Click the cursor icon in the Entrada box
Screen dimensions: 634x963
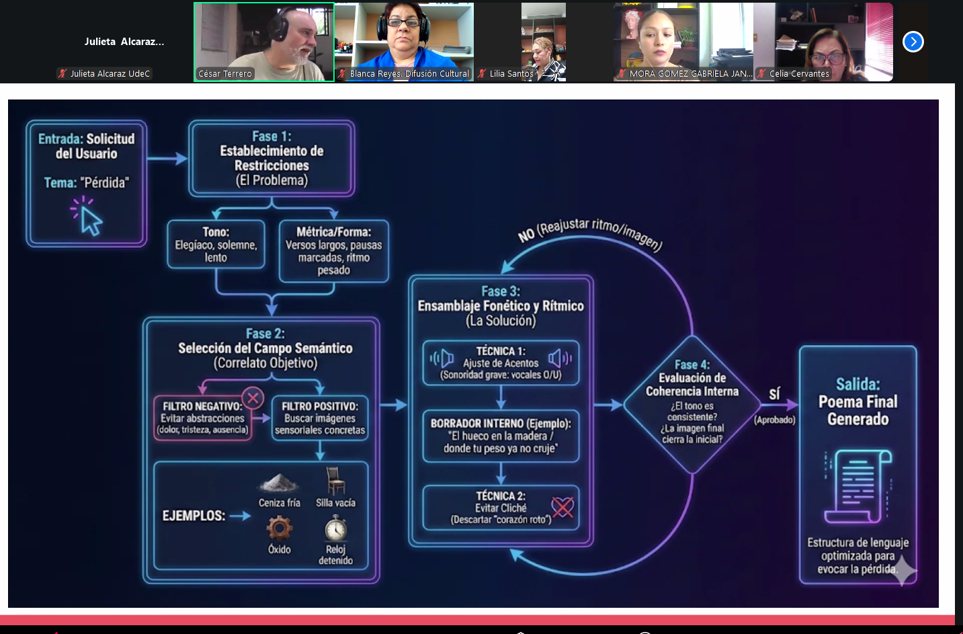pyautogui.click(x=88, y=217)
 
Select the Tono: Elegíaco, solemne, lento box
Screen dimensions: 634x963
pyautogui.click(x=216, y=245)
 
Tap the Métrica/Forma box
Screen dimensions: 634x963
pyautogui.click(x=333, y=251)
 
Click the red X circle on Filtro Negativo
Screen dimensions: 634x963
pyautogui.click(x=253, y=398)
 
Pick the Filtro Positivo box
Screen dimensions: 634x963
pyautogui.click(x=320, y=418)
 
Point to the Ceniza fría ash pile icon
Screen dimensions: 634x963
pyautogui.click(x=279, y=483)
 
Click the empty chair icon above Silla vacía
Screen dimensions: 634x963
pyautogui.click(x=335, y=481)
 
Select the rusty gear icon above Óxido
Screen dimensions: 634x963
pyautogui.click(x=280, y=528)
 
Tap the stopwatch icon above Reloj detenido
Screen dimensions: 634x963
pyautogui.click(x=335, y=528)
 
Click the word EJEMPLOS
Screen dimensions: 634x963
pyautogui.click(x=194, y=516)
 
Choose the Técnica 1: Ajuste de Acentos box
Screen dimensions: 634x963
pyautogui.click(x=501, y=363)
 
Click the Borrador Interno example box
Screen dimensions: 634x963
pyautogui.click(x=501, y=436)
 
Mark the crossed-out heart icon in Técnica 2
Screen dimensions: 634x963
pyautogui.click(x=562, y=507)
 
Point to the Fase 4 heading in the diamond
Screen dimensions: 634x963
pyautogui.click(x=692, y=364)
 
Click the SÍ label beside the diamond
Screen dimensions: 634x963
pyautogui.click(x=774, y=395)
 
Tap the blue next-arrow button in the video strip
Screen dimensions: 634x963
pyautogui.click(x=913, y=42)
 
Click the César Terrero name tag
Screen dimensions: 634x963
pyautogui.click(x=225, y=74)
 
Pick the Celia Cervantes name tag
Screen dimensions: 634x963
pyautogui.click(x=799, y=74)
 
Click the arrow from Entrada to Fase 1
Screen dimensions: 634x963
pyautogui.click(x=167, y=159)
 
